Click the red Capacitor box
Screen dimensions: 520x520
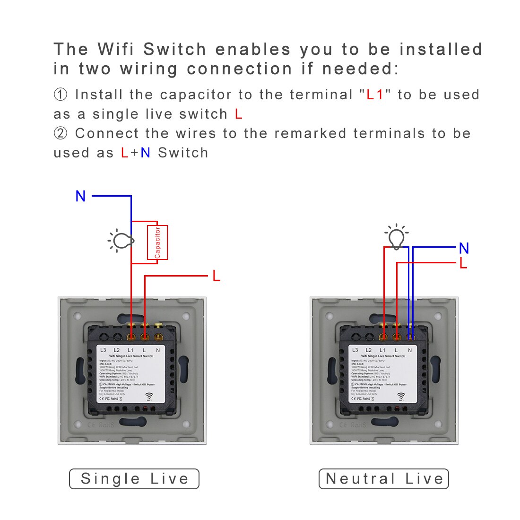tap(157, 243)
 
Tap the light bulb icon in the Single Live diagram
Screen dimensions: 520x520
tap(121, 240)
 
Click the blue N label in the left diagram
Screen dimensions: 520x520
tap(81, 196)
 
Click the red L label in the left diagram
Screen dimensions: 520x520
tap(216, 276)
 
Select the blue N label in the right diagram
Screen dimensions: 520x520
tap(464, 248)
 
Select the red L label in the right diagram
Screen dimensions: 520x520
tap(463, 264)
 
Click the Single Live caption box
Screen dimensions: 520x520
tap(134, 479)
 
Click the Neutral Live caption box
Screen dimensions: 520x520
tap(384, 479)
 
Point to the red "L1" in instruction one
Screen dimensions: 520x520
tap(375, 95)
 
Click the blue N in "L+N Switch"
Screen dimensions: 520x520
tap(145, 153)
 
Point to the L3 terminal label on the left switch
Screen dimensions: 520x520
tap(103, 350)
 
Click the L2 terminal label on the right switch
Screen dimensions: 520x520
tap(369, 350)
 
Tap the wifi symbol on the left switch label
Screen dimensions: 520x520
tap(149, 396)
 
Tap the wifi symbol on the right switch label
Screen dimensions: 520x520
tap(401, 396)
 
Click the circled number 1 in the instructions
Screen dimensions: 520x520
tap(61, 95)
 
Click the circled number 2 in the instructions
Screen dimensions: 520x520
tap(61, 134)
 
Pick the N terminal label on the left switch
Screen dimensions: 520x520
tap(158, 350)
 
